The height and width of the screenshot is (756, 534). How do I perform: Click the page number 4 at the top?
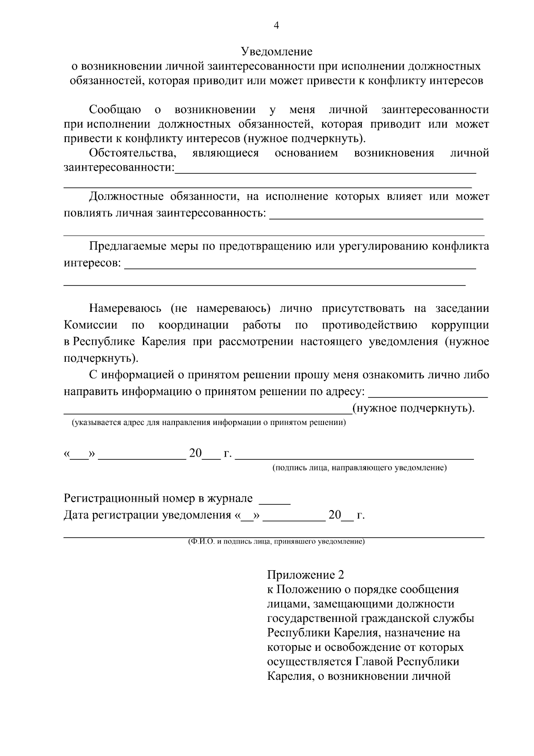[276, 26]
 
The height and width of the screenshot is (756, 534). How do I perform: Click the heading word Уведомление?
[276, 52]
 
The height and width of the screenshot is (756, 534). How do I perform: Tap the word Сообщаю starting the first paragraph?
[115, 110]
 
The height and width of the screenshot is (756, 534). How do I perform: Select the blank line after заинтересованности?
[325, 171]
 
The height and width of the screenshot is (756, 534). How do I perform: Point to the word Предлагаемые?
[128, 246]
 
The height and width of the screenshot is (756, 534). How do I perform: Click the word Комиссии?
[91, 325]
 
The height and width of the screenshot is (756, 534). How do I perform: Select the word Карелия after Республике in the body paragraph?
[164, 342]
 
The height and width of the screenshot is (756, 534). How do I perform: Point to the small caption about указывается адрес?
[209, 422]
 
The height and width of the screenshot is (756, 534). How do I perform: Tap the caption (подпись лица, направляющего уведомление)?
[360, 468]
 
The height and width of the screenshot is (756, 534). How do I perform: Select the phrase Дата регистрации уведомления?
[147, 515]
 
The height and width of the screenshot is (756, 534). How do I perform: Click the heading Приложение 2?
[306, 575]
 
